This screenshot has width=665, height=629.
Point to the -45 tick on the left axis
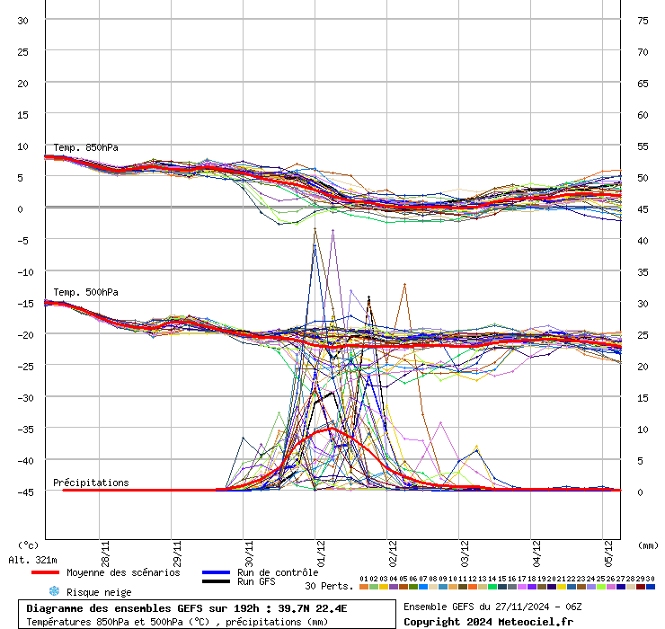point(22,492)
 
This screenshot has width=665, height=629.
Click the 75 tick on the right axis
point(643,21)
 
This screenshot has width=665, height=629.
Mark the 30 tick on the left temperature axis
point(23,21)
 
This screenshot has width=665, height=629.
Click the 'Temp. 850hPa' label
point(85,147)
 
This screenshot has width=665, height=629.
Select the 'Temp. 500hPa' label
point(85,292)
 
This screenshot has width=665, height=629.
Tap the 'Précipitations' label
point(91,483)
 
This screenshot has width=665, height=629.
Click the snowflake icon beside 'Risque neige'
point(53,591)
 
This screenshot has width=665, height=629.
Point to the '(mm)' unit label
point(647,545)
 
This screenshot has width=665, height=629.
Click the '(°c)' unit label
point(28,545)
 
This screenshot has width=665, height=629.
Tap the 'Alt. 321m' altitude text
point(32,560)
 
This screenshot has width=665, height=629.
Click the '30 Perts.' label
point(329,586)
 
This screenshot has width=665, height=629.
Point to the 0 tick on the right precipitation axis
point(640,492)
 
